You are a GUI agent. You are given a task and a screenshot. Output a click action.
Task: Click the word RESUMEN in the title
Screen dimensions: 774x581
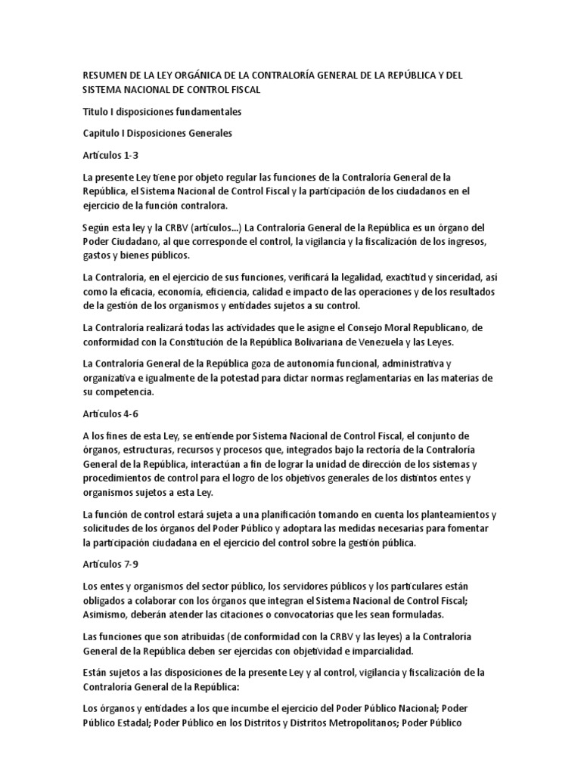106,76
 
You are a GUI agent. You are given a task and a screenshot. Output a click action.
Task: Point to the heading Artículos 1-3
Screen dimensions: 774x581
110,155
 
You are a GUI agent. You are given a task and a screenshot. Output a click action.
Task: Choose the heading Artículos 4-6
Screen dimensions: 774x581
110,414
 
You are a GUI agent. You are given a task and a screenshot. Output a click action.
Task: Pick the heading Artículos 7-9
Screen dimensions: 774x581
110,565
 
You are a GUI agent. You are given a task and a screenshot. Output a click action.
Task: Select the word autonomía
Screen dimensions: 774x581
327,364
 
